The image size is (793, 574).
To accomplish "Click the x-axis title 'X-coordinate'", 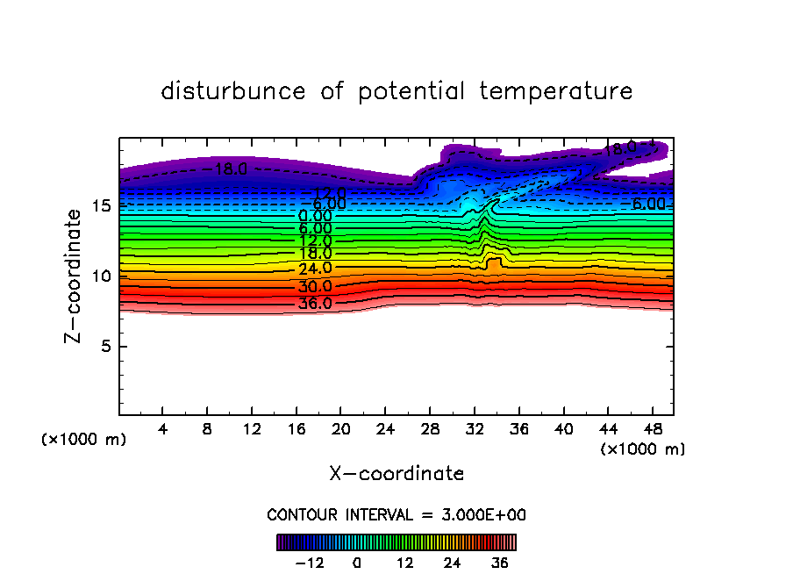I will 396,474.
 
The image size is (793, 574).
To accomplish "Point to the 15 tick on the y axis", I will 101,205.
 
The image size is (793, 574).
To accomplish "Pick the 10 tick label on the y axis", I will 101,276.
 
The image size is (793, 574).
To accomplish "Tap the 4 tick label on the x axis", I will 163,429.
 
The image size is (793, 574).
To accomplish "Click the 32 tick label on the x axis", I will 474,429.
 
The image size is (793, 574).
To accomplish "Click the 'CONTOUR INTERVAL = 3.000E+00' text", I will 396,514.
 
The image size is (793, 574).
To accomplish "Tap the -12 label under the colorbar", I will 308,563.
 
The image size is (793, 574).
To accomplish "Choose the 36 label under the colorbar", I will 500,563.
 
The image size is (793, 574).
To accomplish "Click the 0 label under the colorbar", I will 357,563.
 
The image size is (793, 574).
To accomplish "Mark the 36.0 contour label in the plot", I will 315,304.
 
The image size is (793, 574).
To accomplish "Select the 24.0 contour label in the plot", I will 315,268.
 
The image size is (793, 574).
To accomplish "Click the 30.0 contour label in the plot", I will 315,286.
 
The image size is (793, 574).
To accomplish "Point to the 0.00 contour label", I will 315,215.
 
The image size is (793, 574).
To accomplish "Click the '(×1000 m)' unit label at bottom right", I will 642,449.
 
